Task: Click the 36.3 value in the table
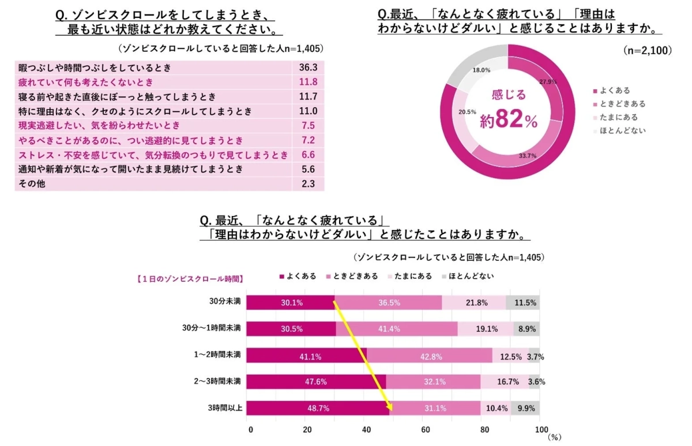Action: click(309, 68)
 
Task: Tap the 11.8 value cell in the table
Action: click(309, 82)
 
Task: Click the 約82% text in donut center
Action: click(508, 121)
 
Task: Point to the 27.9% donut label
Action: click(548, 82)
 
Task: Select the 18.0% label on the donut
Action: click(482, 70)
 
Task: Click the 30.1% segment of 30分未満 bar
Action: click(292, 303)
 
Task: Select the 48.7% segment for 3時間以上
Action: click(318, 408)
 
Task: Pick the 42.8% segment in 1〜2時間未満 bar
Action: click(430, 357)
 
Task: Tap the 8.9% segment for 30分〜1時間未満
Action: click(526, 329)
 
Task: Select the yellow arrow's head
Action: click(390, 409)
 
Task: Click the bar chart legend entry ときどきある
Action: click(352, 277)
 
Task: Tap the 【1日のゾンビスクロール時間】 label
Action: click(189, 279)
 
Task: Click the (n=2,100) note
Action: click(648, 51)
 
